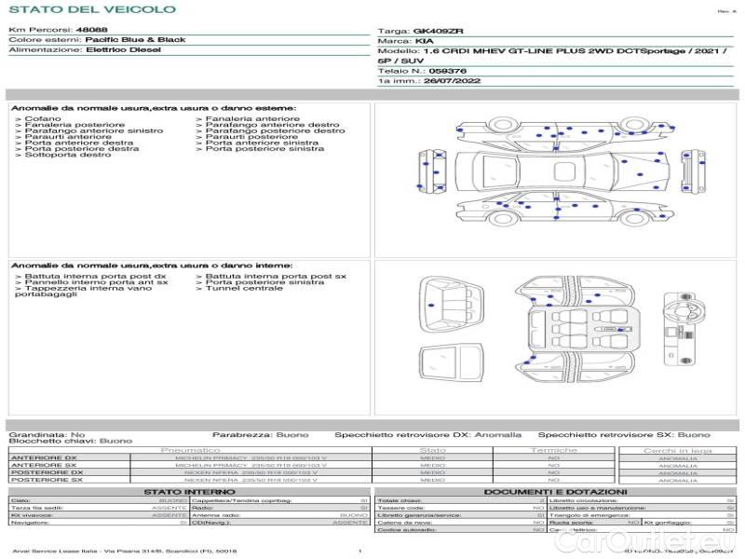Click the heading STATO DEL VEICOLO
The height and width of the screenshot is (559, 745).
pos(92,9)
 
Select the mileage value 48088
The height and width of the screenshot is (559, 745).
pos(90,31)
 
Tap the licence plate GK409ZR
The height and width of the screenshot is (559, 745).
pos(438,31)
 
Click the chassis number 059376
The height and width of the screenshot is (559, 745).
pos(448,71)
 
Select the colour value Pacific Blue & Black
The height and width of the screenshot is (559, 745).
pos(135,40)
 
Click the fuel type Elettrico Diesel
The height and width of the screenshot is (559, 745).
pos(123,49)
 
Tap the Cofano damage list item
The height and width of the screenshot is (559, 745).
pos(44,119)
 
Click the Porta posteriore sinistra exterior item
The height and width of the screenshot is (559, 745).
pos(264,149)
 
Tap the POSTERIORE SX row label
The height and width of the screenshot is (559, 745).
pos(44,480)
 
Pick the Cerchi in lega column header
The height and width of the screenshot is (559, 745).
pos(677,450)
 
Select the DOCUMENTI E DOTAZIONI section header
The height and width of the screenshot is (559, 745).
pos(555,492)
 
